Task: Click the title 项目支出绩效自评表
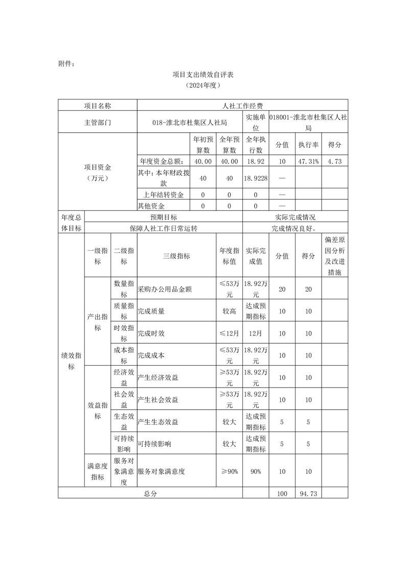(203, 75)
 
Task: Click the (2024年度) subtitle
(203, 85)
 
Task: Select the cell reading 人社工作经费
(242, 106)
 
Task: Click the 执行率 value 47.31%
(308, 161)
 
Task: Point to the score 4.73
(334, 161)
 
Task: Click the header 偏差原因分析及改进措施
(334, 256)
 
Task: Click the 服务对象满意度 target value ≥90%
(229, 471)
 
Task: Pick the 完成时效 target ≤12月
(229, 333)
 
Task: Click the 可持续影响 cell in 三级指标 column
(154, 444)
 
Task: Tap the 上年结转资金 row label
(164, 195)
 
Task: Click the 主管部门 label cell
(97, 122)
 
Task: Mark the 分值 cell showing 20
(282, 289)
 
